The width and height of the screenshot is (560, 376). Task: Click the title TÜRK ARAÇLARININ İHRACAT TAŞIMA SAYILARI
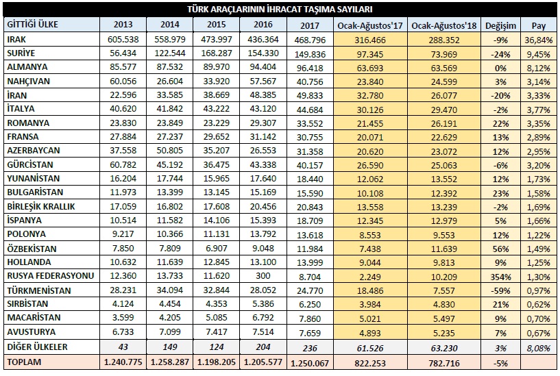[x=280, y=10]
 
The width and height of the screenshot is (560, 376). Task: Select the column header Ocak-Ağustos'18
[x=444, y=26]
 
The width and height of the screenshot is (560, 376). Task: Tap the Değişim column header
[x=500, y=26]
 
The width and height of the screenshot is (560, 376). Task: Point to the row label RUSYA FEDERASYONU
[x=50, y=276]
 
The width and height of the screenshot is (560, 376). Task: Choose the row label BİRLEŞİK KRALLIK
[x=41, y=207]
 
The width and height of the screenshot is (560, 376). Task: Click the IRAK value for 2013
[x=123, y=39]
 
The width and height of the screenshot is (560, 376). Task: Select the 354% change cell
[x=501, y=277]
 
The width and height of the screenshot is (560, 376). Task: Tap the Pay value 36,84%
[x=539, y=40]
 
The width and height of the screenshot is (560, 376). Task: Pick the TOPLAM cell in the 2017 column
[x=310, y=363]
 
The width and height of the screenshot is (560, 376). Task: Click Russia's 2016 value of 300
[x=263, y=276]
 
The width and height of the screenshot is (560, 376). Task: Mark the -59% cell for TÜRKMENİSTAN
[x=501, y=291]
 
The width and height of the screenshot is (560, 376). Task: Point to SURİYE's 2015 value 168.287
[x=217, y=53]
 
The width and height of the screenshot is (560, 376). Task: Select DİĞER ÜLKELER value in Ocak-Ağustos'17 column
[x=370, y=348]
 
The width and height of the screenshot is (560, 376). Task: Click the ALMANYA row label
[x=27, y=67]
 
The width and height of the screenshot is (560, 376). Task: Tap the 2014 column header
[x=169, y=24]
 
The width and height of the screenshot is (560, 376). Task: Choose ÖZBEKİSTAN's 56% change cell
[x=501, y=249]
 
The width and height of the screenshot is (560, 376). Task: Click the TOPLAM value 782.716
[x=444, y=363]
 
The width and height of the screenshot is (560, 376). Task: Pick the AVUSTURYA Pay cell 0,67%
[x=539, y=333]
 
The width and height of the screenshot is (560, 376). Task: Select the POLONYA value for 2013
[x=123, y=234]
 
